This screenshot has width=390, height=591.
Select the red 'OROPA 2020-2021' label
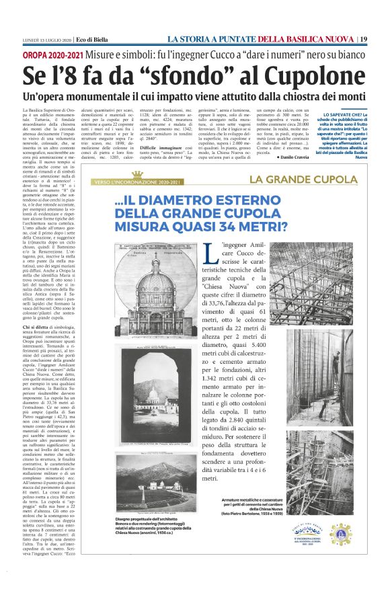(x=51, y=52)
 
